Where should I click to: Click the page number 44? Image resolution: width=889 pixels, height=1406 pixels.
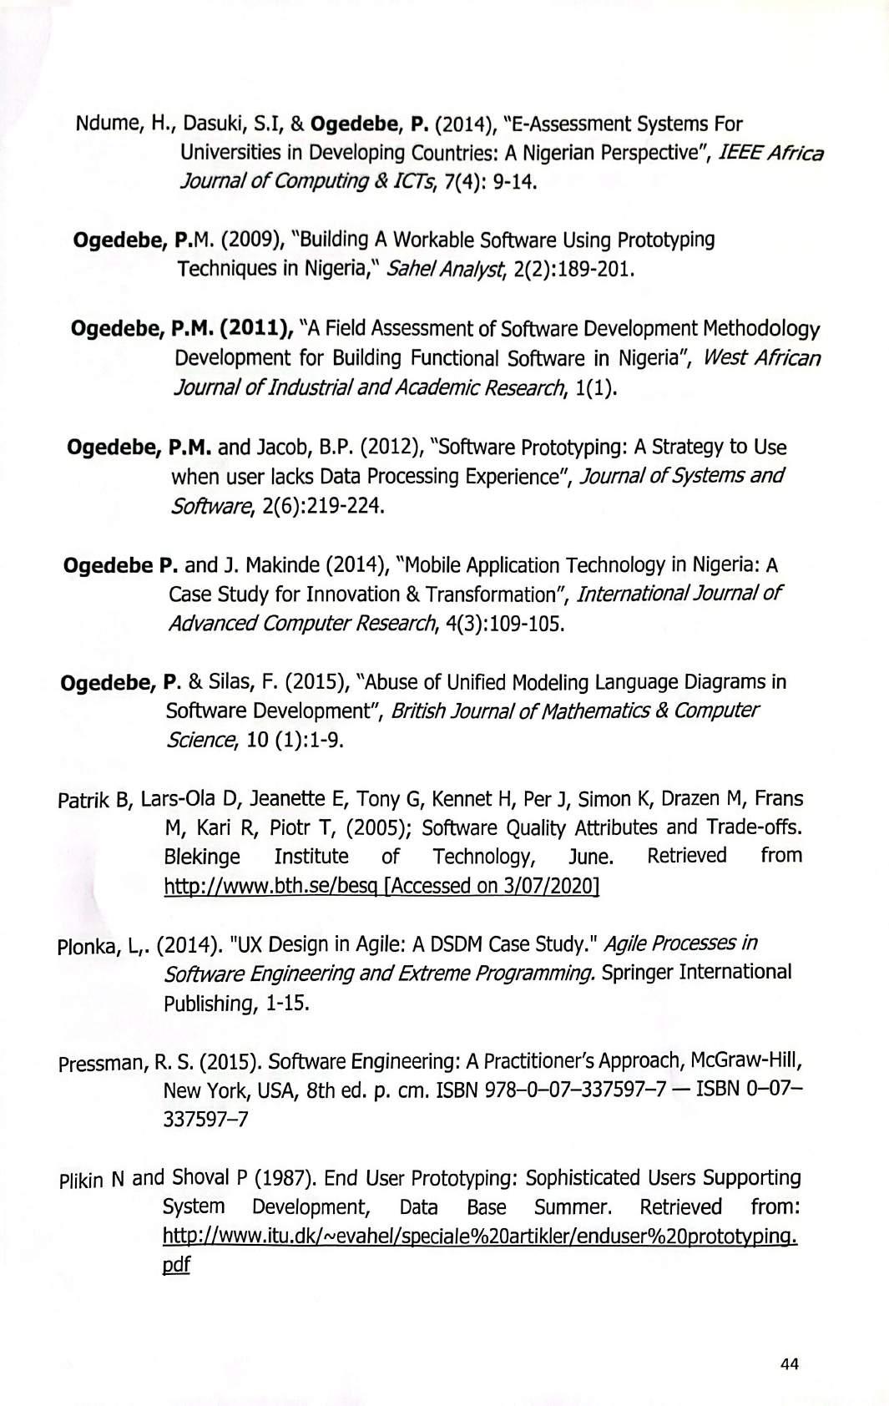(789, 1363)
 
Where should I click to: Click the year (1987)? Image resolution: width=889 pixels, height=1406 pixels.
(284, 1178)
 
